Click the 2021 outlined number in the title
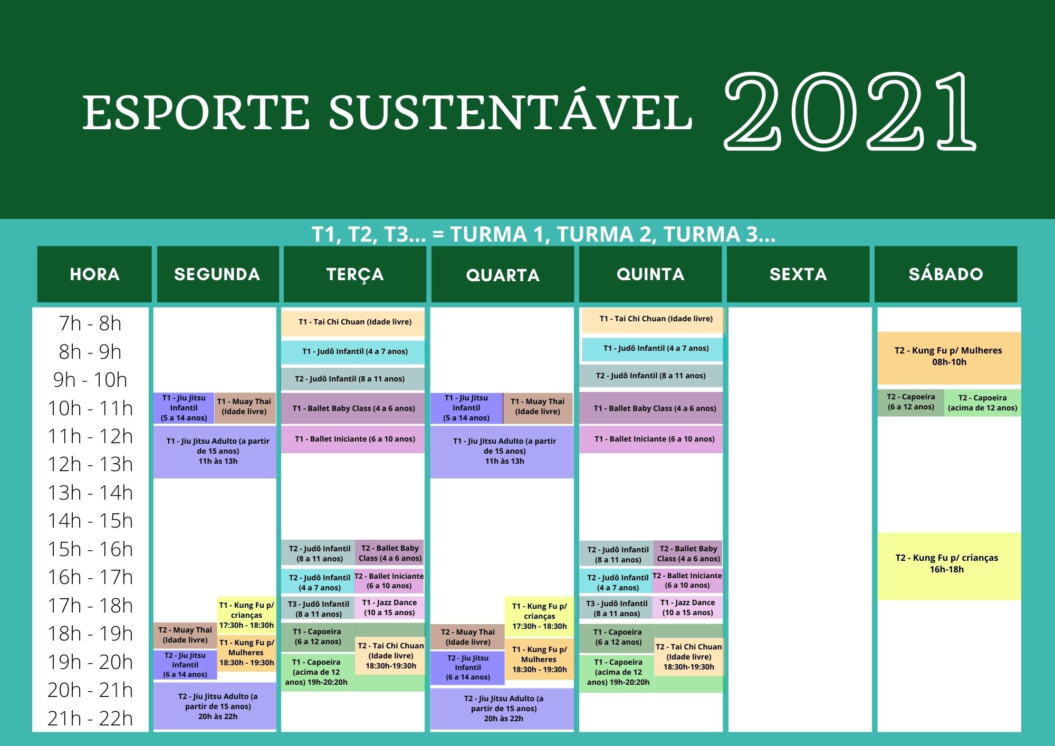coord(850,112)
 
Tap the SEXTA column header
coord(798,274)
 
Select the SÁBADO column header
coord(946,274)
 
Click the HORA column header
coord(94,274)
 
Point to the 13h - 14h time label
coord(90,493)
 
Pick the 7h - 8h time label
coord(90,323)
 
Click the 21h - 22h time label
coord(90,719)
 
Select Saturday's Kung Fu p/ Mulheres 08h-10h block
coord(949,358)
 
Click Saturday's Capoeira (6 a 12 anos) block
coord(910,403)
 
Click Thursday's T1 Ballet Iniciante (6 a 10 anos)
coord(651,439)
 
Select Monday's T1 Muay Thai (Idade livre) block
coord(245,408)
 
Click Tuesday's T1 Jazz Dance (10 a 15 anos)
coord(390,608)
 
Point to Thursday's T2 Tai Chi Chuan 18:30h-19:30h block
coord(689,657)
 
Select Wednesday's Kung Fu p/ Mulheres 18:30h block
coord(539,659)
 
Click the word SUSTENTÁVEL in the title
coord(511,112)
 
